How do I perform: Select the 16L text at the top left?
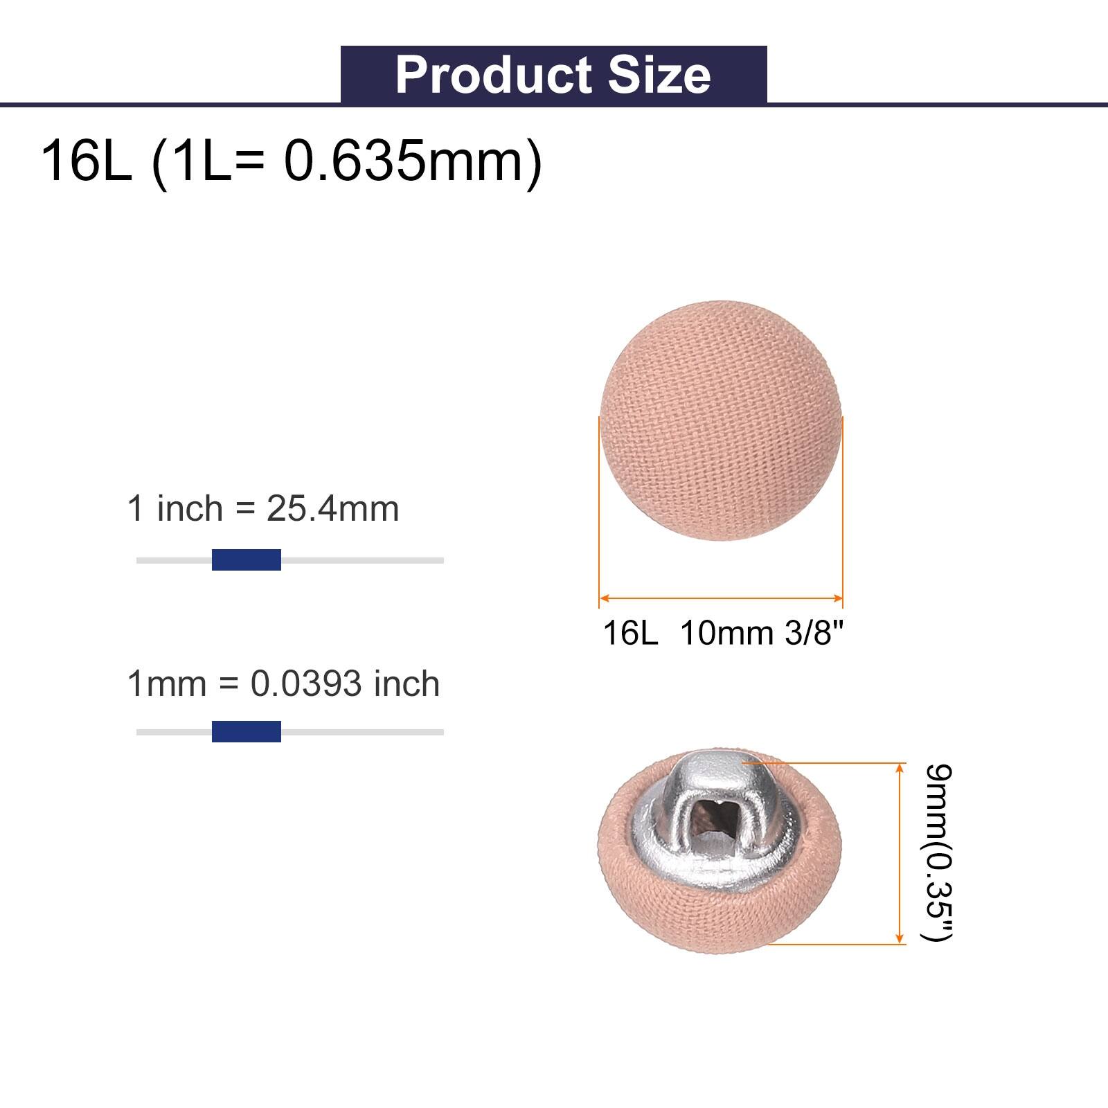pos(87,161)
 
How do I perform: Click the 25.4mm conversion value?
pos(333,509)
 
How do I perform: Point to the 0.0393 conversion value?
pos(306,684)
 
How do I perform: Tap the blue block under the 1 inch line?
pos(247,560)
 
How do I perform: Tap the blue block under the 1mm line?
pos(247,731)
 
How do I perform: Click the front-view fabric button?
pos(721,420)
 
